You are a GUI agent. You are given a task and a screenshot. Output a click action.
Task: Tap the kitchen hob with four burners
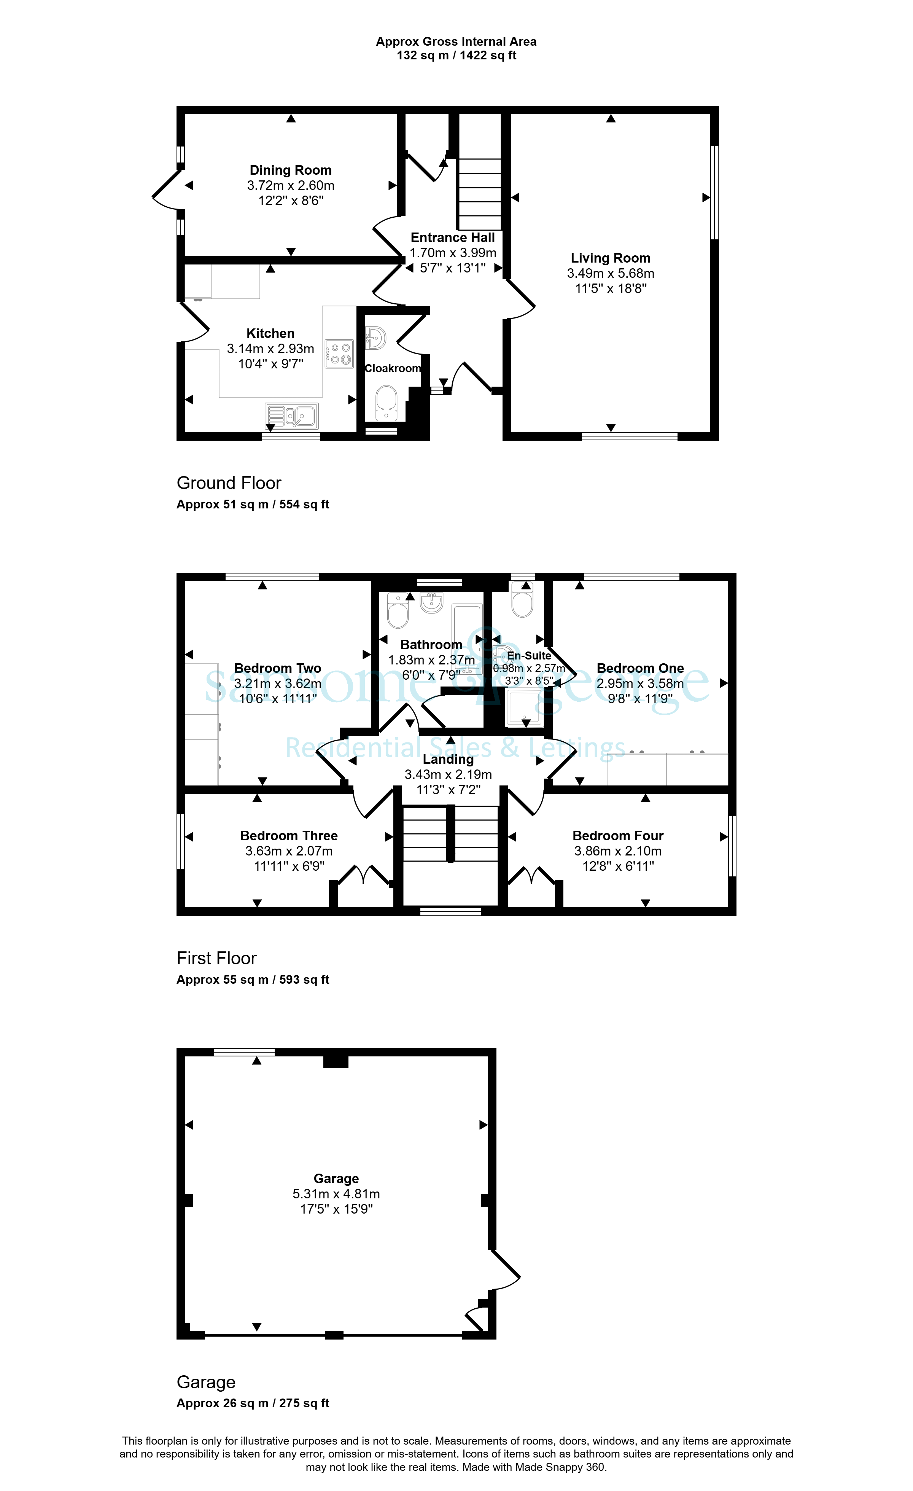point(339,354)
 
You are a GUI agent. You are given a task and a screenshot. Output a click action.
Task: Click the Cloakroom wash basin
point(376,338)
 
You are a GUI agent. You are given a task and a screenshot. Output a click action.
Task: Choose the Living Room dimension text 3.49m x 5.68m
point(611,274)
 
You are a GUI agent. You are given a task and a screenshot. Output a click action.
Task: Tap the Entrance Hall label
point(453,238)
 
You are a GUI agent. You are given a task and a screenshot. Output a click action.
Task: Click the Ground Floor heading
point(229,483)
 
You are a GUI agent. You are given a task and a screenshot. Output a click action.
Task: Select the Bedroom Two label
point(278,668)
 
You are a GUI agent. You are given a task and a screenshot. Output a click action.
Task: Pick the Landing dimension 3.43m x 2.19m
point(449,774)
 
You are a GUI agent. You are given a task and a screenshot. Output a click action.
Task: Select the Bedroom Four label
point(618,836)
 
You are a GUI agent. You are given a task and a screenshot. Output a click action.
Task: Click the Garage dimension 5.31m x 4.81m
point(336,1194)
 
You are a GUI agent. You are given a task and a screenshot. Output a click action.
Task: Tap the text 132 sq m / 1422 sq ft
point(456,56)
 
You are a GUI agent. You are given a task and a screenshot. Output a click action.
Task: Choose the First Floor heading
point(216,959)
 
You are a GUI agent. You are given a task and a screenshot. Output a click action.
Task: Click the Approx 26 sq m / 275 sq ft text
point(253,1403)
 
